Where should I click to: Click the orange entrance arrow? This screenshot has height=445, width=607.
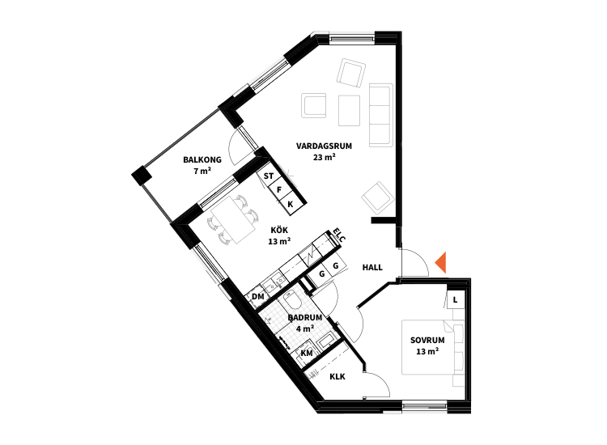click(x=442, y=262)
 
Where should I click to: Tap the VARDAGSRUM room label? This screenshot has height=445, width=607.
click(x=324, y=146)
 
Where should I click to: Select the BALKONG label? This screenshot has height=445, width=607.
click(x=202, y=159)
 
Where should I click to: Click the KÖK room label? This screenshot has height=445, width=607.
click(x=279, y=230)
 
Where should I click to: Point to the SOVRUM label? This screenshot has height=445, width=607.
click(x=427, y=341)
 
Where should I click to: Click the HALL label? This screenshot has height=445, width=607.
click(x=372, y=267)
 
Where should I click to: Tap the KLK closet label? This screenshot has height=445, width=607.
click(x=337, y=376)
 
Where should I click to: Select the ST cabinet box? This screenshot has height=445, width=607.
click(x=268, y=176)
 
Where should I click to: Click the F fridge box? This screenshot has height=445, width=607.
click(x=279, y=190)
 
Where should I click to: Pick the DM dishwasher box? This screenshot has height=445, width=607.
click(x=257, y=297)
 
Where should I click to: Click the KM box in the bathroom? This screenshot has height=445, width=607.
click(x=306, y=353)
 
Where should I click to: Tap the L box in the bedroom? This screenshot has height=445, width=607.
click(x=455, y=299)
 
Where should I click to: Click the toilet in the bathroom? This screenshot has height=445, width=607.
click(x=290, y=301)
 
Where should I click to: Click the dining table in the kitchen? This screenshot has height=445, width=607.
click(x=233, y=220)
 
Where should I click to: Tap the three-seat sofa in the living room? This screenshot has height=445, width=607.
click(x=381, y=115)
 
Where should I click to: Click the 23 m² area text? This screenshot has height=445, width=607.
click(x=324, y=157)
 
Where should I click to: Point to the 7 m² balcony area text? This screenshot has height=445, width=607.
click(x=202, y=171)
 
